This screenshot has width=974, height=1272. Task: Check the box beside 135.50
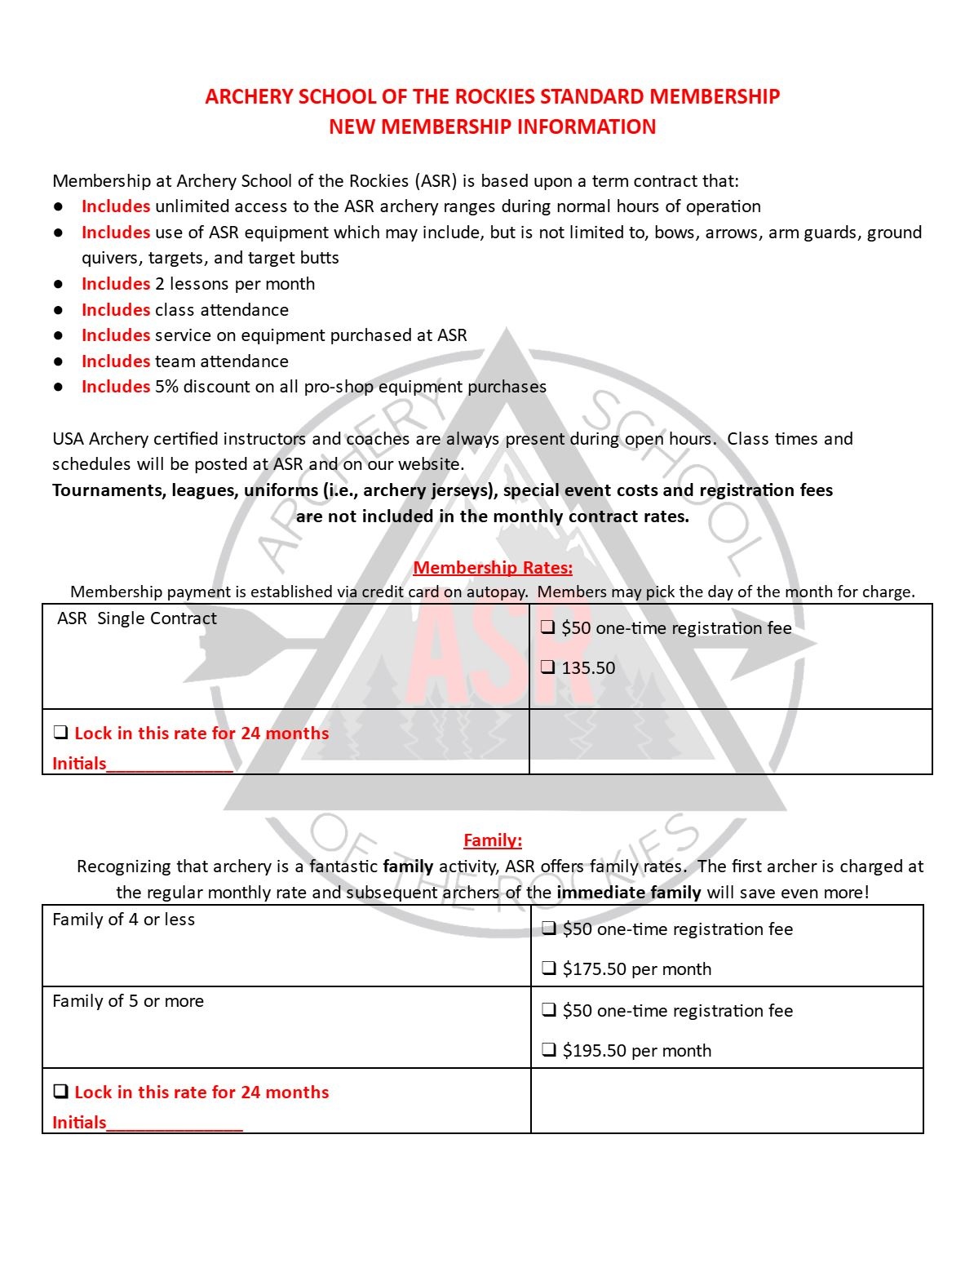click(548, 667)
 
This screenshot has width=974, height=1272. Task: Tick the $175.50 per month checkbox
click(549, 968)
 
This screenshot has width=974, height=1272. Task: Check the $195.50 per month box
click(549, 1050)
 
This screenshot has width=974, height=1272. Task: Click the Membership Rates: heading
click(493, 567)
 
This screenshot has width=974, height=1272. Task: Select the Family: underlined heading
click(493, 840)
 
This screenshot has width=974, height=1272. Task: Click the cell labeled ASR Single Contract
click(137, 618)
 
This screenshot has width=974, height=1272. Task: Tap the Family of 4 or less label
click(124, 920)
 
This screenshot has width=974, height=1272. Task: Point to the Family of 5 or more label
click(128, 1001)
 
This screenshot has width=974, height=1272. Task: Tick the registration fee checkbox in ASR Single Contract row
click(548, 627)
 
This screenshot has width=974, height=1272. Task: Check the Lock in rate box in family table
click(60, 1092)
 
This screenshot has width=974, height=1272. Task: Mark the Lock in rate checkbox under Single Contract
click(60, 733)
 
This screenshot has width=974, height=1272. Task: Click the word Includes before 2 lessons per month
click(116, 284)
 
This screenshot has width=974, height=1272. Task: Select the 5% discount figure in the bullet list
click(166, 387)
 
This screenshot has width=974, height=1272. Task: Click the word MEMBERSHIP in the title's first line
click(714, 96)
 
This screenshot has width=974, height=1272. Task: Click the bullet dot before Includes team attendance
click(59, 361)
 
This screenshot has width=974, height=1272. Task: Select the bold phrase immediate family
click(628, 892)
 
